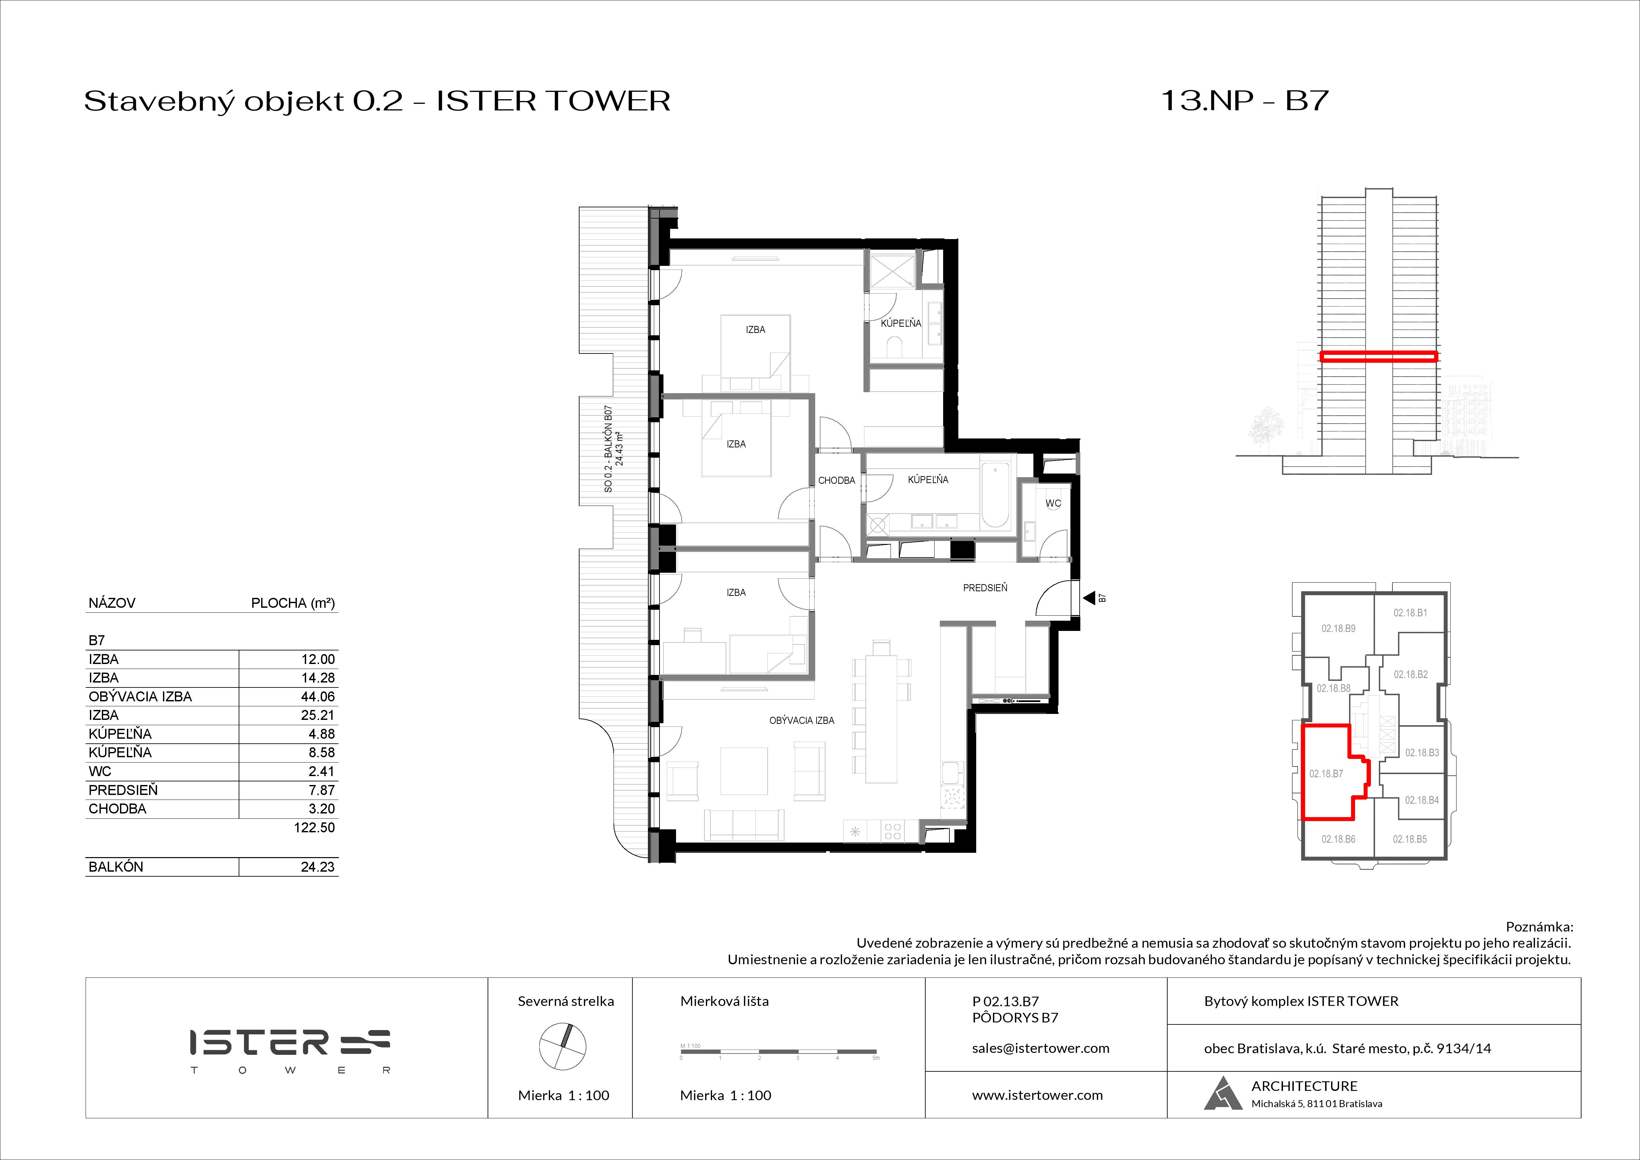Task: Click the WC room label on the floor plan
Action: click(x=1053, y=503)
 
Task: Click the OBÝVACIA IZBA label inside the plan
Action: click(x=801, y=721)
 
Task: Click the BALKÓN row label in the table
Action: click(x=116, y=866)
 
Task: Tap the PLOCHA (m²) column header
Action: click(x=293, y=603)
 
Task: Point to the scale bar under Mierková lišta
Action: click(x=779, y=1052)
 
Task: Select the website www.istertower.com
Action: click(x=1037, y=1095)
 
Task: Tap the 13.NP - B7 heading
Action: click(x=1244, y=101)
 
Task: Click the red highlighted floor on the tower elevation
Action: click(x=1378, y=356)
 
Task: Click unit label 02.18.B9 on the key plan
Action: click(x=1338, y=629)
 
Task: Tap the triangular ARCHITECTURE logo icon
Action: click(x=1223, y=1094)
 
